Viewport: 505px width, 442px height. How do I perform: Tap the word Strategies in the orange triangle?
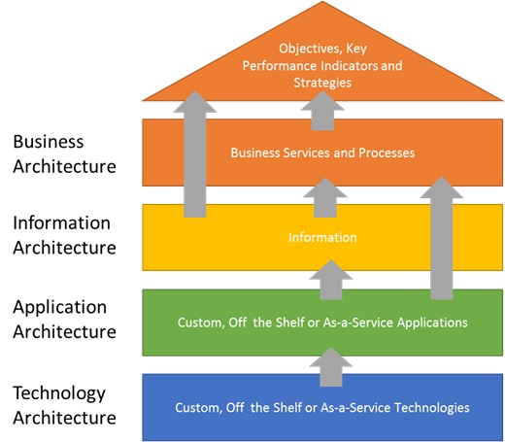(x=322, y=84)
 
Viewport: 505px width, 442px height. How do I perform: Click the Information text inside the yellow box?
(x=322, y=237)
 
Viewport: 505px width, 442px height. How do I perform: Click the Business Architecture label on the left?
(x=64, y=153)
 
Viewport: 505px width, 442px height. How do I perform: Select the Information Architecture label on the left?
(x=64, y=235)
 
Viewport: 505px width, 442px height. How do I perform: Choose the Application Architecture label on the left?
(x=64, y=319)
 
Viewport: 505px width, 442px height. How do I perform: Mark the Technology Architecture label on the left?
(x=64, y=405)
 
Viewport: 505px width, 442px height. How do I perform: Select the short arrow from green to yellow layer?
(x=330, y=279)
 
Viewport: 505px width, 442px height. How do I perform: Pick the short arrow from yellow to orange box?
(x=322, y=196)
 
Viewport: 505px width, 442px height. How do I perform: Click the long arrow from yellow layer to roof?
(x=195, y=155)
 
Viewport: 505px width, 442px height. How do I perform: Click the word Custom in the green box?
(x=198, y=323)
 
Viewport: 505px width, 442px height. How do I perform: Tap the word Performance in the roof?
(x=277, y=65)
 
